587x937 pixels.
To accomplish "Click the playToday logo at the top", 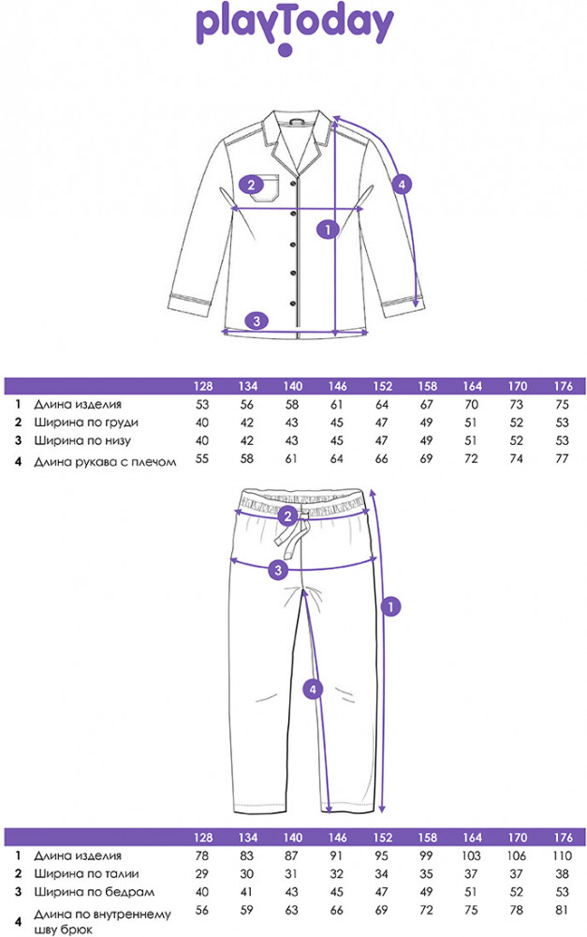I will pos(293,28).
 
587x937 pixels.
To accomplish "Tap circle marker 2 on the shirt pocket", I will pos(251,184).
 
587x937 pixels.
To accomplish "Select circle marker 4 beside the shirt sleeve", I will pos(401,185).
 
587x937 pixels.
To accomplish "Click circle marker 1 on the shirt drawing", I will pos(327,228).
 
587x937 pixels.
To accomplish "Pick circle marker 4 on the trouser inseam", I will pos(315,689).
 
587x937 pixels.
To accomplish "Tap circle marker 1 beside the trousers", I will pos(393,606).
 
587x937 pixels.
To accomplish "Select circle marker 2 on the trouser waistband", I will pos(289,515).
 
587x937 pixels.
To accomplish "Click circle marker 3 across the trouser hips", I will pos(277,570).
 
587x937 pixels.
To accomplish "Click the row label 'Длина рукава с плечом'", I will pos(105,461).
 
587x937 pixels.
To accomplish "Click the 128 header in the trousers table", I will pos(201,837).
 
